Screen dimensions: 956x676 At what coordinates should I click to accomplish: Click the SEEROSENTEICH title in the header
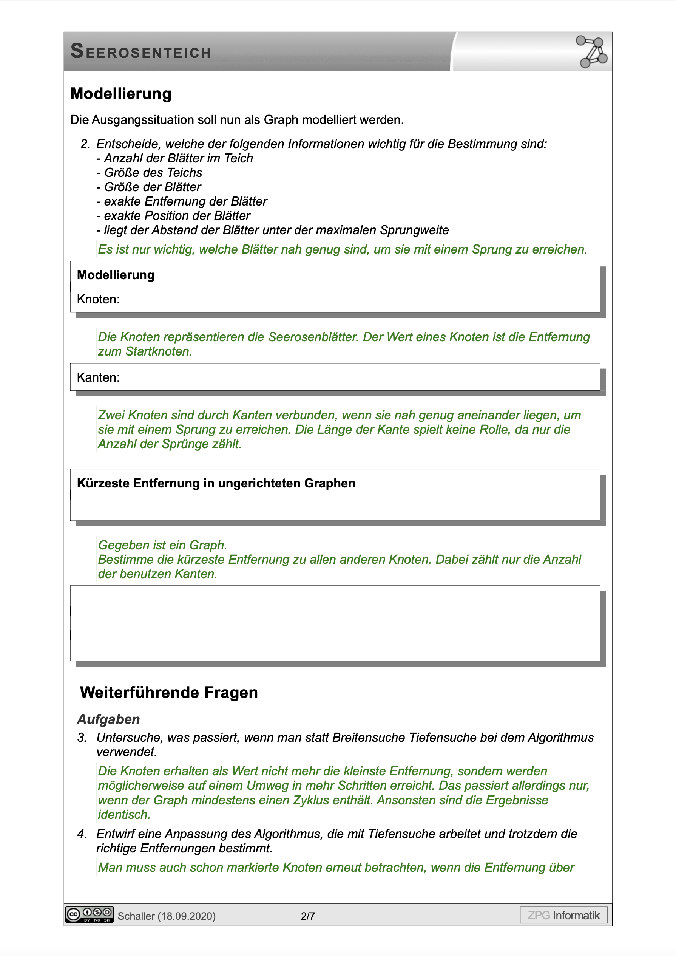[x=141, y=52]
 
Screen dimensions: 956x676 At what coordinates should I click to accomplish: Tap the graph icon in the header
[x=591, y=52]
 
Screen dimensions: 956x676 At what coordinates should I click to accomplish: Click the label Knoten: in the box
[x=98, y=299]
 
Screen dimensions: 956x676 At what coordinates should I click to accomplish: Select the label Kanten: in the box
[x=98, y=377]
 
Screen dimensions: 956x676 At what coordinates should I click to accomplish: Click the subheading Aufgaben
[x=108, y=719]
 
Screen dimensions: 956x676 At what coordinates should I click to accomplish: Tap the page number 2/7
[x=308, y=916]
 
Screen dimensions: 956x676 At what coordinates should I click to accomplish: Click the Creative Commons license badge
[x=89, y=914]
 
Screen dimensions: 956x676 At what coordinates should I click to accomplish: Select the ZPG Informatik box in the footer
[x=563, y=915]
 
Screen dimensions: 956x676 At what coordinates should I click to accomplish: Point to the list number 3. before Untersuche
[x=82, y=737]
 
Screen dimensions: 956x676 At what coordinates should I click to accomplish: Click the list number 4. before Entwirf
[x=82, y=834]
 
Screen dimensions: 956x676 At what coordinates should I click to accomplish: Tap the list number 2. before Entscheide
[x=85, y=144]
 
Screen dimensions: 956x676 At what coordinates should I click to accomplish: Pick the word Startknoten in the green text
[x=159, y=351]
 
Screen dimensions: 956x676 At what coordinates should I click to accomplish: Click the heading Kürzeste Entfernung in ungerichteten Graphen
[x=216, y=483]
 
